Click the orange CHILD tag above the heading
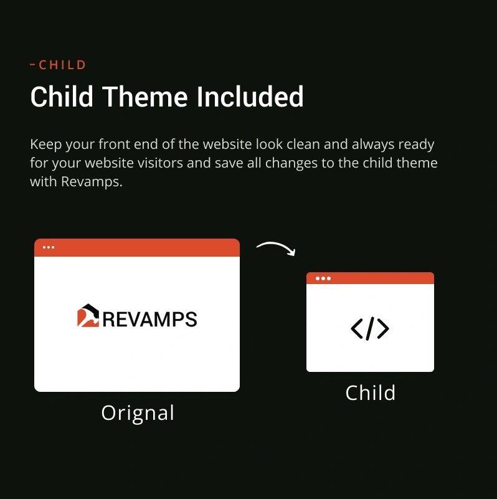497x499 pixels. coord(62,65)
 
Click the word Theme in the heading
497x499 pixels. coord(144,97)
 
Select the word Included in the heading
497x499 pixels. coord(250,97)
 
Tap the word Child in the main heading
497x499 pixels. coord(62,97)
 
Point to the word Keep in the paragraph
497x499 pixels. coord(46,144)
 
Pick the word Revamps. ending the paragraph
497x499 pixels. coord(92,182)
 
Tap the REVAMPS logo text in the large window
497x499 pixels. coord(150,319)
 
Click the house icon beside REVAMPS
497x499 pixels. coord(88,315)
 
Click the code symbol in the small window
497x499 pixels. coord(370,329)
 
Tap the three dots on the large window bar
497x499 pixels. coord(49,247)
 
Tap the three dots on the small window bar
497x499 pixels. coord(323,278)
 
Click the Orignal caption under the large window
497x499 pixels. coord(138,413)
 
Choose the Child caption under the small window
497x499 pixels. coord(371,392)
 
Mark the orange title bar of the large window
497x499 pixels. coord(137,247)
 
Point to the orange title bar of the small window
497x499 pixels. coord(370,278)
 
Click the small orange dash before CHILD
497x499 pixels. coord(32,65)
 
